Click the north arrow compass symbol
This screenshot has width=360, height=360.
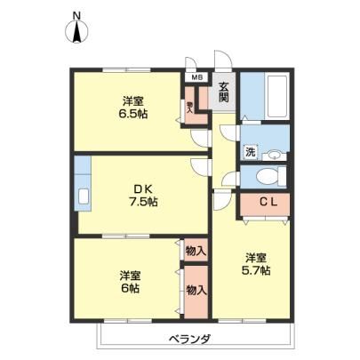coord(76,32)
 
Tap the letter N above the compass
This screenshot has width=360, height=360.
coord(77,15)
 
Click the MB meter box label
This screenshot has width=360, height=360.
coord(196,77)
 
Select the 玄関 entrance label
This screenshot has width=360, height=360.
coord(224,92)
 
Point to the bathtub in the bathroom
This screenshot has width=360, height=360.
coord(277,96)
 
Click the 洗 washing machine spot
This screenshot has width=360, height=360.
coord(250,152)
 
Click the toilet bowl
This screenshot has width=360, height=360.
coord(268,177)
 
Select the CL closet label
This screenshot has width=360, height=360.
coord(268,202)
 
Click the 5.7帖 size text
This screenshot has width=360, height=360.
coord(256,270)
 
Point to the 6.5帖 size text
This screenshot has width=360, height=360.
coord(133,114)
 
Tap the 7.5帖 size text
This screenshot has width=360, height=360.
coord(143,202)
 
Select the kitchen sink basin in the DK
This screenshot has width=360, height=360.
coord(84,196)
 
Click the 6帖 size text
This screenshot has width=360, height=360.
coord(131,288)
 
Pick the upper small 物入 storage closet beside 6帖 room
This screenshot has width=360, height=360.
coord(196,250)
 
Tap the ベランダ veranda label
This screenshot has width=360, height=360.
coord(190,339)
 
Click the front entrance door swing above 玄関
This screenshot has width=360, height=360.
coord(223,60)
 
